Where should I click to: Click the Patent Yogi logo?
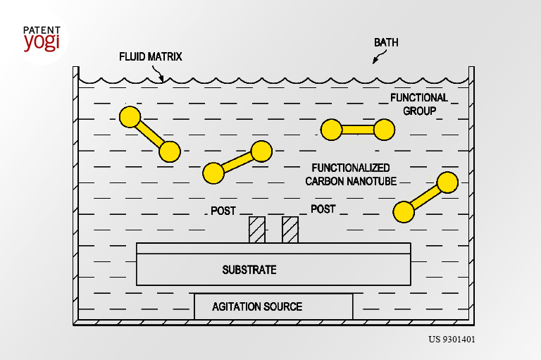click(x=42, y=39)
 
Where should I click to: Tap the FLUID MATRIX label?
click(x=151, y=56)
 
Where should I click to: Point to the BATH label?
click(x=386, y=42)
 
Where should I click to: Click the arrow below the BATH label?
click(x=379, y=56)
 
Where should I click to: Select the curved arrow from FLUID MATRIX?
click(x=158, y=73)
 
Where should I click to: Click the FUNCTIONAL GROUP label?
click(x=419, y=104)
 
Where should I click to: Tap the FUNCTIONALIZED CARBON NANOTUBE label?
click(x=351, y=174)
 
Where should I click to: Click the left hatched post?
click(x=257, y=230)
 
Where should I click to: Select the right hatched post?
click(x=290, y=230)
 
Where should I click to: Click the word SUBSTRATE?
click(x=249, y=270)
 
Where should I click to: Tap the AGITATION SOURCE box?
click(x=273, y=306)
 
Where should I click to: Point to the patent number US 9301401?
click(x=452, y=340)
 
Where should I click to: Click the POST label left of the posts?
click(x=223, y=211)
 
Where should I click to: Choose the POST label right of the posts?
click(x=323, y=209)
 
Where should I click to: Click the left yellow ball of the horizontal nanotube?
click(x=331, y=130)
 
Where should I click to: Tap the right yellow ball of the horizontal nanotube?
click(x=385, y=130)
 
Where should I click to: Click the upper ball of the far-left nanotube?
click(x=130, y=117)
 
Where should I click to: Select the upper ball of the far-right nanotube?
click(x=447, y=182)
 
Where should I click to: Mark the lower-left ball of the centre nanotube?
click(x=213, y=173)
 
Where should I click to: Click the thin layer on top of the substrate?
click(x=273, y=249)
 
